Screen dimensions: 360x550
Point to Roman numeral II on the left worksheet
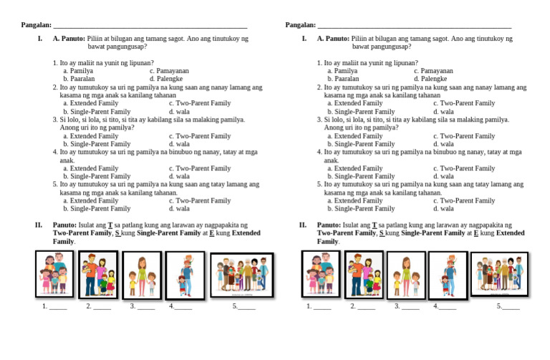click(x=39, y=225)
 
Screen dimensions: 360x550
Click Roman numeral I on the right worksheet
click(x=304, y=38)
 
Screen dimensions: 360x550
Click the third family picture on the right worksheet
click(x=406, y=275)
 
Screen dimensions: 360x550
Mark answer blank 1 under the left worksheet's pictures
click(x=58, y=307)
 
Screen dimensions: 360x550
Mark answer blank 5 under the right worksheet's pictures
click(x=511, y=307)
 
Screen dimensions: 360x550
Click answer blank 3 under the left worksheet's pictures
click(x=145, y=307)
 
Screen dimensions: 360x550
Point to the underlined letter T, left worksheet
click(x=110, y=225)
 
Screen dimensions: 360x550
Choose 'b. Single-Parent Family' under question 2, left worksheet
click(x=97, y=112)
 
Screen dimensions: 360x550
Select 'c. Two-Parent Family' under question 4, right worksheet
click(x=464, y=168)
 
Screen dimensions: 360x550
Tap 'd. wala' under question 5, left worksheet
click(x=179, y=209)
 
